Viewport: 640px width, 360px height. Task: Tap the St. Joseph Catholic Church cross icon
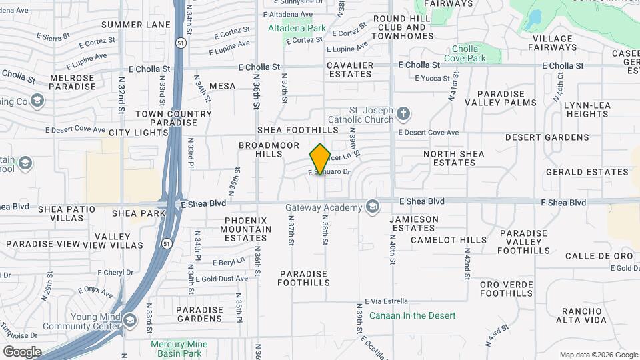[x=403, y=114]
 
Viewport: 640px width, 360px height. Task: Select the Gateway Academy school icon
[x=372, y=207]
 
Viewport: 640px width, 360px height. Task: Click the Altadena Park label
[x=297, y=29]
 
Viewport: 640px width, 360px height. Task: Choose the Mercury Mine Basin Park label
[x=179, y=349]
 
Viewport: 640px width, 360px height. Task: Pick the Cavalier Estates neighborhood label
[x=350, y=69]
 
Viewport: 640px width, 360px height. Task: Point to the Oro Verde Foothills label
[x=507, y=289]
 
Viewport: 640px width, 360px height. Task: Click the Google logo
[x=22, y=351]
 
